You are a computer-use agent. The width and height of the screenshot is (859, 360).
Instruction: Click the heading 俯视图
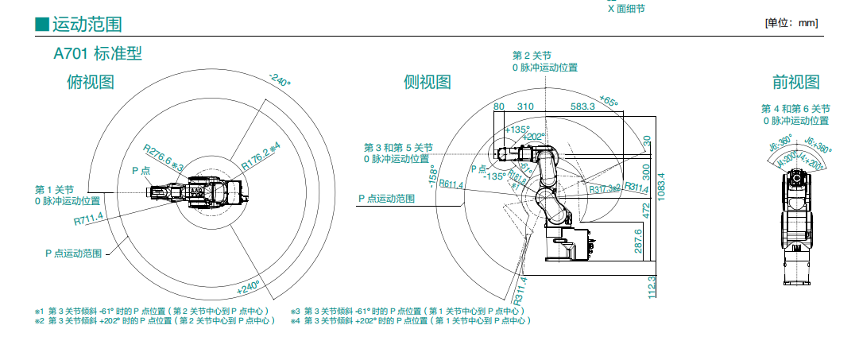(x=91, y=82)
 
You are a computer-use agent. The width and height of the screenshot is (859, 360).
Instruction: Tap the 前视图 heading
(x=795, y=82)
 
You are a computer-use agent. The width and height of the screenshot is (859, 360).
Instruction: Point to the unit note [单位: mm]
(x=791, y=23)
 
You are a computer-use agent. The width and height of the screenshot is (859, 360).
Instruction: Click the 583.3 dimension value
(x=582, y=106)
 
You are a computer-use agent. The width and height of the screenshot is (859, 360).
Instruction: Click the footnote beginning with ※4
(x=410, y=320)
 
